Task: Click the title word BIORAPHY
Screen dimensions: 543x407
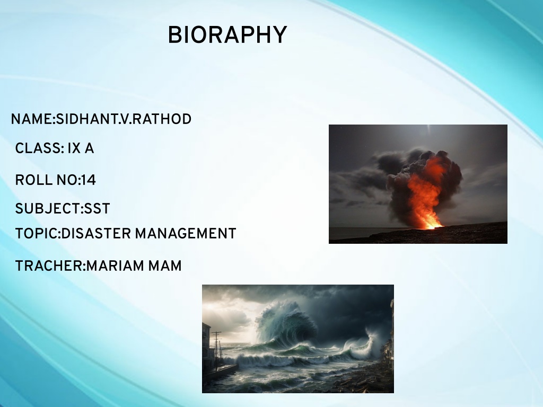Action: coord(227,36)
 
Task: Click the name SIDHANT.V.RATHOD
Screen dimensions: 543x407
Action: coord(124,119)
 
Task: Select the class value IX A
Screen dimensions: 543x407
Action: coord(81,148)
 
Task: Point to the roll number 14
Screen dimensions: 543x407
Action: coord(89,180)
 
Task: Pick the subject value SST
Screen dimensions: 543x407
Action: coord(98,209)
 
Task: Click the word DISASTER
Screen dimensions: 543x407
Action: coord(96,234)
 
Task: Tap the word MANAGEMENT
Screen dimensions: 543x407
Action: coord(186,234)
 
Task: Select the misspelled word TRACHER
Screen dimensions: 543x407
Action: coord(49,267)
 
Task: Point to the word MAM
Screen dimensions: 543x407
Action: coord(165,267)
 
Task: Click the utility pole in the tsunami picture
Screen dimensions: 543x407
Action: coord(216,350)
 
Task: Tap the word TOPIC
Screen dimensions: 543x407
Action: coord(36,234)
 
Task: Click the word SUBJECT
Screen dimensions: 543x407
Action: coord(47,209)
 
